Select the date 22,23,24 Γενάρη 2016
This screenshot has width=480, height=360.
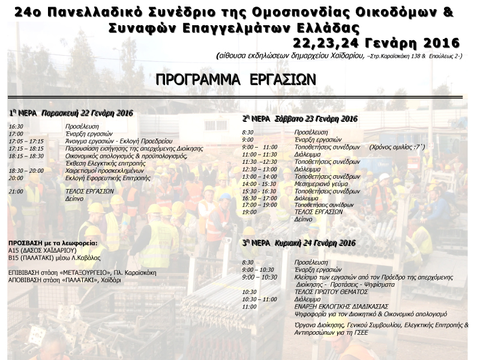point(377,43)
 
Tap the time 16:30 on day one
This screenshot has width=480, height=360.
point(16,127)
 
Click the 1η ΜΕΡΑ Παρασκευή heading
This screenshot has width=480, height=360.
point(71,113)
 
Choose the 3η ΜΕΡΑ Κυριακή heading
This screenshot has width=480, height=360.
point(299,244)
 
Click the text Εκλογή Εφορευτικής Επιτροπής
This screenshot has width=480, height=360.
point(107,178)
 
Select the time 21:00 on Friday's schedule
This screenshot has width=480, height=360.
point(16,191)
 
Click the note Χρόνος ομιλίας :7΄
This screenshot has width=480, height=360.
point(397,147)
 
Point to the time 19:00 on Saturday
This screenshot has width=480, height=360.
point(249,212)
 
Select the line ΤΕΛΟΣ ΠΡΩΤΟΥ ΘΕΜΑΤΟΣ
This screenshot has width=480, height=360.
point(331,292)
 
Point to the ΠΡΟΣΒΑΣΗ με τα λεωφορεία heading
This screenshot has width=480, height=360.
point(52,242)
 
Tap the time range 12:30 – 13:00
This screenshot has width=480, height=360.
point(259,169)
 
